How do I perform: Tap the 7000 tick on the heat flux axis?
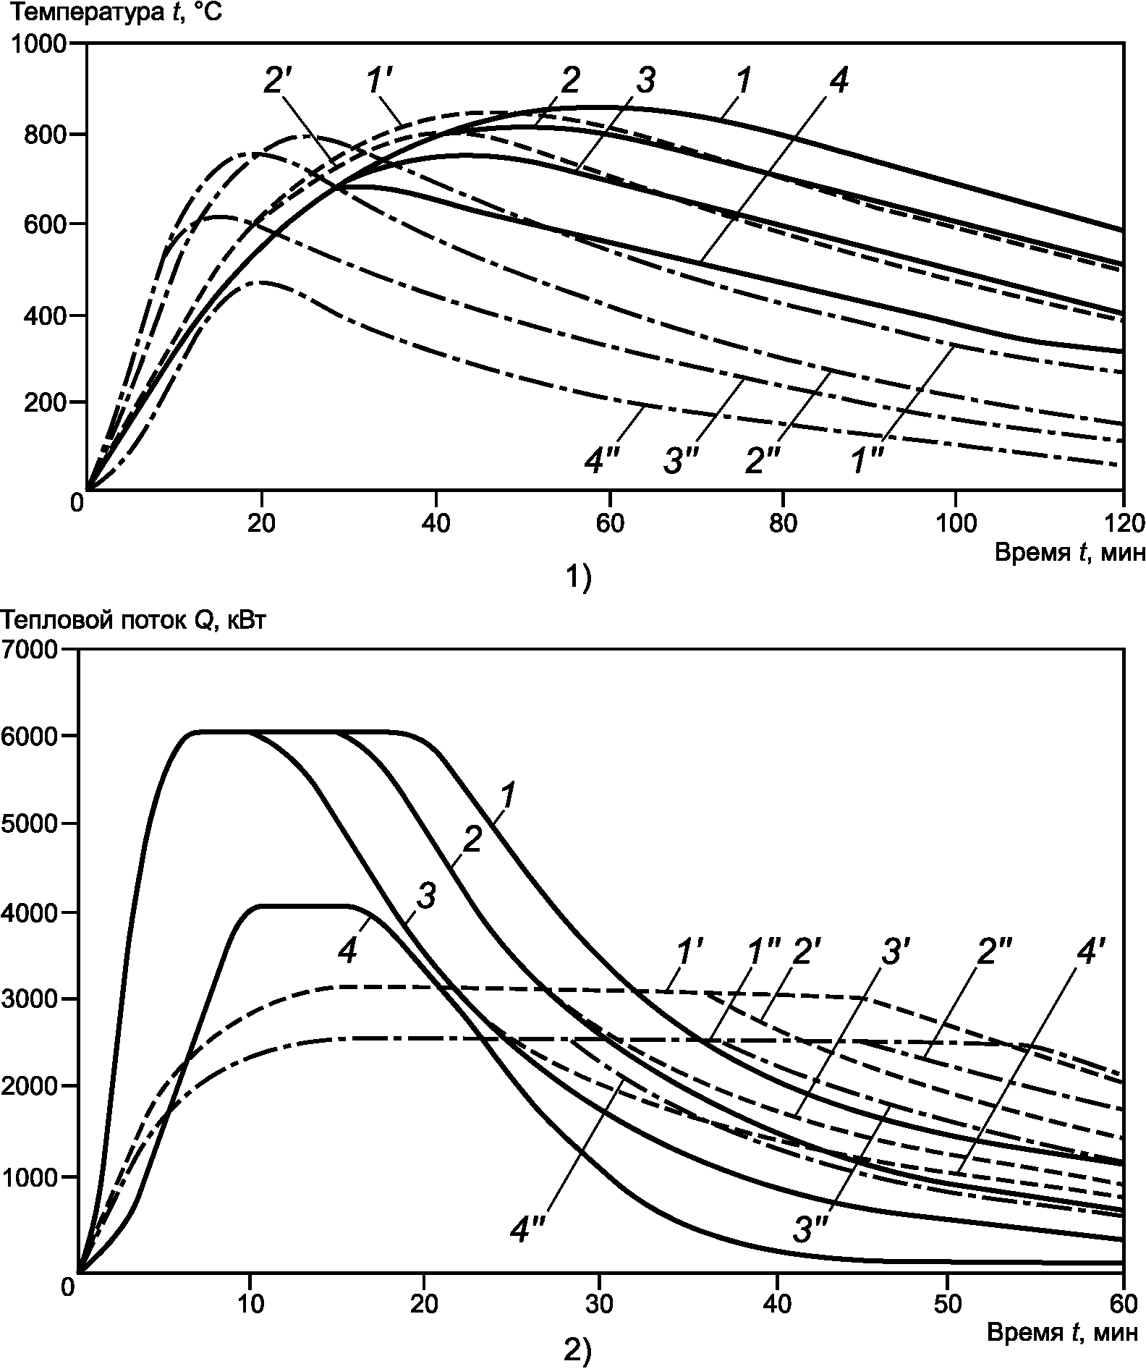(x=30, y=649)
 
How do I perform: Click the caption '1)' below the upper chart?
(x=577, y=579)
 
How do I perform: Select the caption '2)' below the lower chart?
(x=577, y=1350)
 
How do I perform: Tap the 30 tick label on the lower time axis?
(x=599, y=1304)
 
